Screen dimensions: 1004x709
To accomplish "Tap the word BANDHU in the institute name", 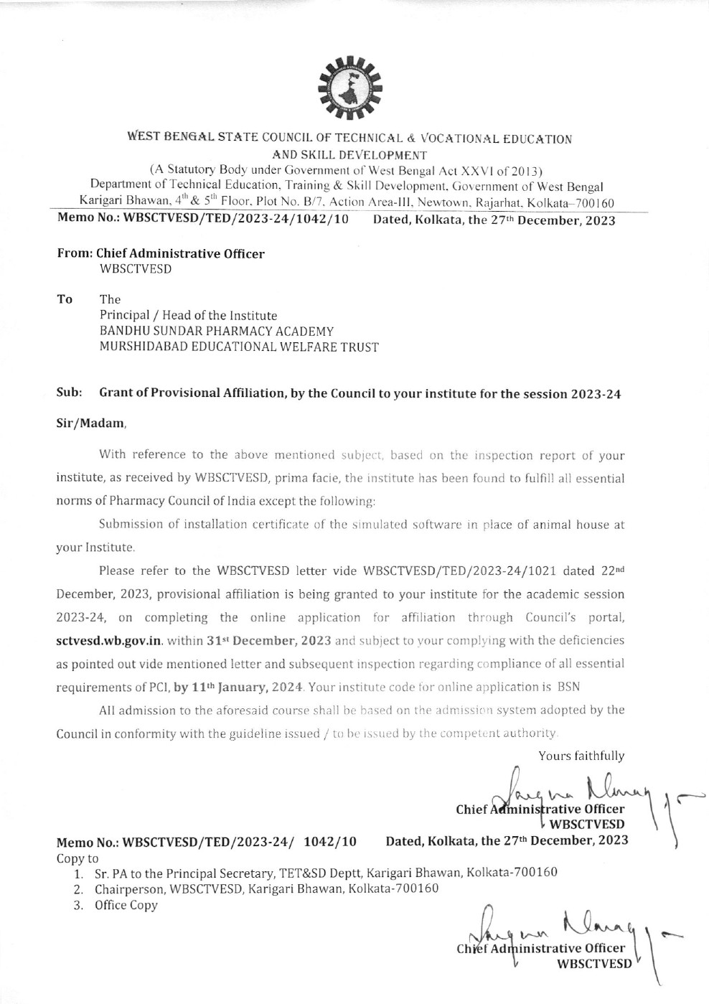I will (x=123, y=332).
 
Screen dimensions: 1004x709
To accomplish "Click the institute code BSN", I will (x=568, y=686).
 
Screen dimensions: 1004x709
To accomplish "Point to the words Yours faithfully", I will (x=581, y=756).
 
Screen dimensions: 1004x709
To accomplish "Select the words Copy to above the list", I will (x=78, y=858).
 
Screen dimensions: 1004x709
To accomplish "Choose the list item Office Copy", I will (x=126, y=905).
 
